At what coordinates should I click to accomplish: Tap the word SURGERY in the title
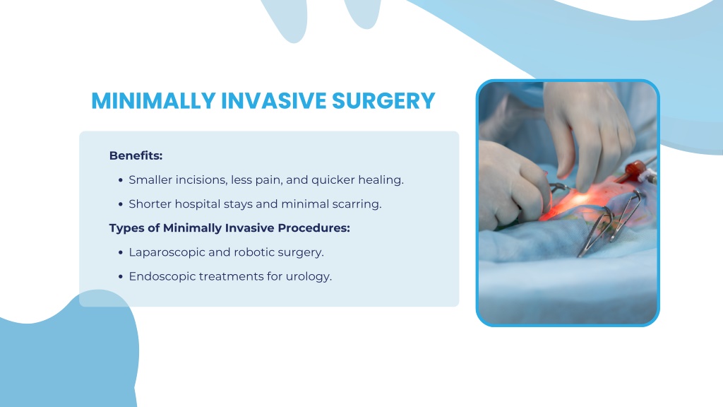click(x=383, y=100)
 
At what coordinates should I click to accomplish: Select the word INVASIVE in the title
click(x=274, y=100)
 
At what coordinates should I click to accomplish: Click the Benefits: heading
click(x=136, y=155)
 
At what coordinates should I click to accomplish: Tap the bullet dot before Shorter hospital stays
click(x=121, y=204)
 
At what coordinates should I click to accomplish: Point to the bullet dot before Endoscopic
click(x=121, y=276)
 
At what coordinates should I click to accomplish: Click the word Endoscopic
click(x=162, y=276)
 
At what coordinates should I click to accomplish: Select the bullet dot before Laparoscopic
click(x=121, y=252)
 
